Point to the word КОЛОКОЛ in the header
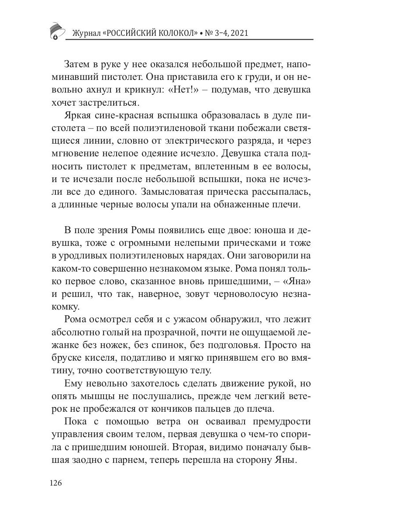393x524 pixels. coord(174,34)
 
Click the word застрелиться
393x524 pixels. coord(113,103)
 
